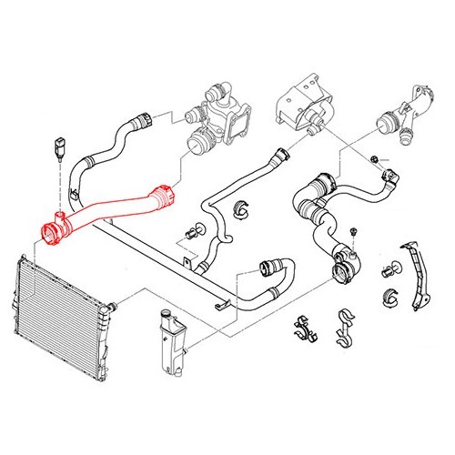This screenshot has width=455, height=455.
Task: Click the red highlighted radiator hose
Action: (x=109, y=213)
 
